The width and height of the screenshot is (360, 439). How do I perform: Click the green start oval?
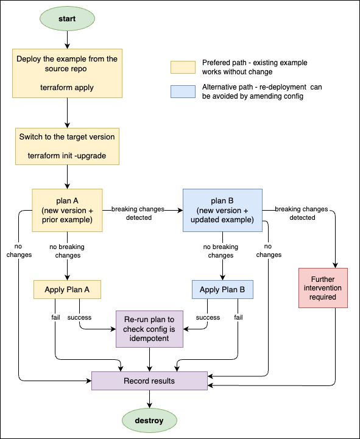[x=67, y=19]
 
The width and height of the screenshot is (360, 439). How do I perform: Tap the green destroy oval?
[x=149, y=421]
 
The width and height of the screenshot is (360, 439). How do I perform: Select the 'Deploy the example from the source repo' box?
[x=67, y=73]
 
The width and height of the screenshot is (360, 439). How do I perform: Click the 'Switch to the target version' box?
[x=67, y=146]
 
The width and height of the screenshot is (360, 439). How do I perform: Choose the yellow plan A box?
[x=67, y=210]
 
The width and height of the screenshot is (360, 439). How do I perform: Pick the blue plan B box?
[x=222, y=210]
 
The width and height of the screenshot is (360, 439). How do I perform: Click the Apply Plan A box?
[x=67, y=289]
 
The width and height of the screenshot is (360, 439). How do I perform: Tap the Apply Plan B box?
[x=222, y=289]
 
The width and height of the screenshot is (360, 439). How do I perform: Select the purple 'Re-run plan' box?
[x=149, y=329]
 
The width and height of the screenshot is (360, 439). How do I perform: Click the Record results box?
[x=149, y=381]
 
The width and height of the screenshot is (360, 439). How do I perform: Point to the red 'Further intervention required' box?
[x=323, y=288]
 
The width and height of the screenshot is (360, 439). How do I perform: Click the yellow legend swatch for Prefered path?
[x=183, y=67]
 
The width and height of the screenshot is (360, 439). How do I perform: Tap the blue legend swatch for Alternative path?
[x=183, y=91]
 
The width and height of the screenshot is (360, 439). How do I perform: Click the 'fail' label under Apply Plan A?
[x=55, y=317]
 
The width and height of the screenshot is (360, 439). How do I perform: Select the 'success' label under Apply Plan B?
[x=208, y=317]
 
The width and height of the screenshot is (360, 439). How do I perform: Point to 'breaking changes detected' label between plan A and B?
[x=138, y=213]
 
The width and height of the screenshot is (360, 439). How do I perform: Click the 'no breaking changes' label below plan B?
[x=221, y=251]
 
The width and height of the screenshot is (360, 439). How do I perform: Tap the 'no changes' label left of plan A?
[x=19, y=251]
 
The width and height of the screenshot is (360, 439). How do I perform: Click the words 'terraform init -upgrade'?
[x=67, y=156]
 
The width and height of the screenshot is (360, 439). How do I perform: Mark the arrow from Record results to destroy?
[x=149, y=399]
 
